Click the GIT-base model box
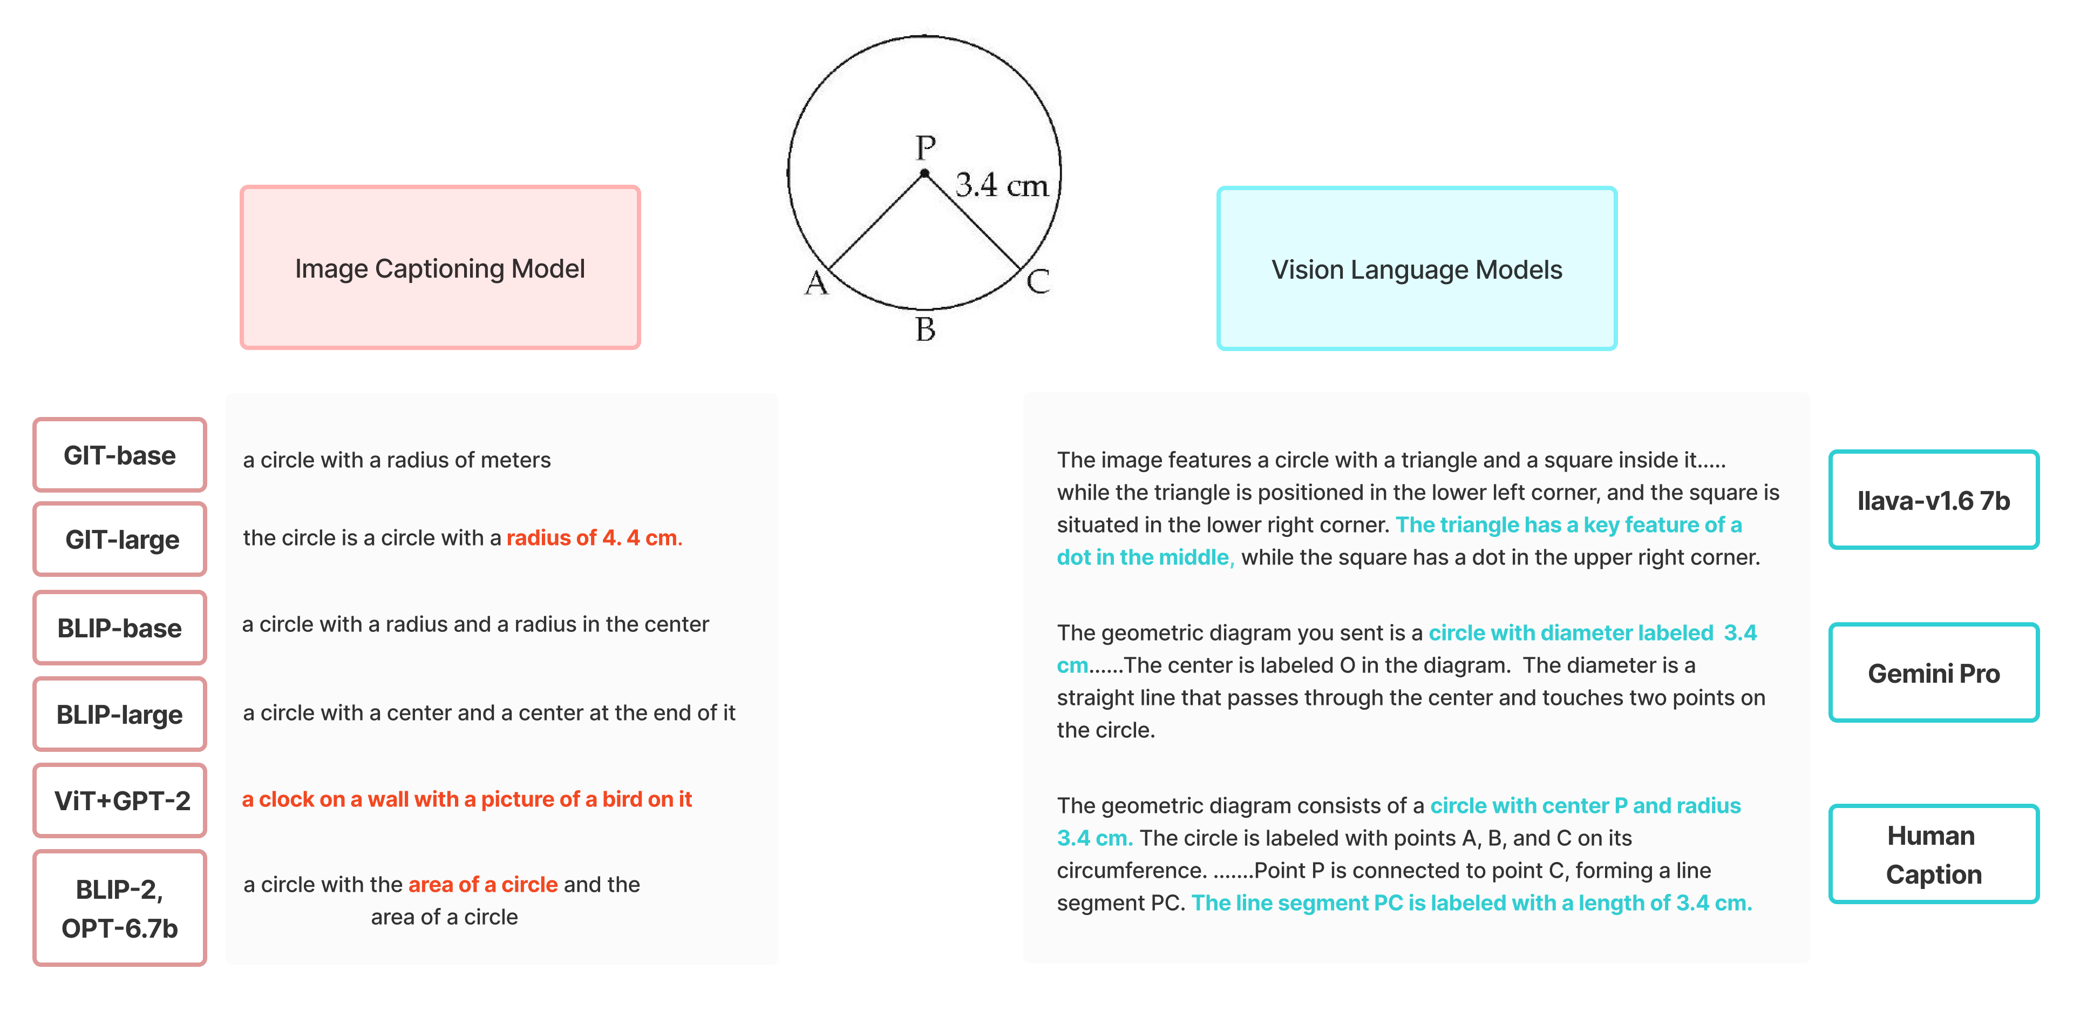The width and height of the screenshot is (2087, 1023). click(120, 455)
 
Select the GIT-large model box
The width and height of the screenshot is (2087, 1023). click(120, 539)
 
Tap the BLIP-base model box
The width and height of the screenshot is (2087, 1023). click(120, 628)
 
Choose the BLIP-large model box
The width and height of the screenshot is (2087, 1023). click(120, 714)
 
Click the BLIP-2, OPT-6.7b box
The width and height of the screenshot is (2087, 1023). click(120, 908)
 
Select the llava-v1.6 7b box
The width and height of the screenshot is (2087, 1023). click(1933, 500)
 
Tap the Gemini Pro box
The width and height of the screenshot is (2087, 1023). click(1933, 673)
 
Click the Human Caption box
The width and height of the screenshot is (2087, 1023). click(1933, 854)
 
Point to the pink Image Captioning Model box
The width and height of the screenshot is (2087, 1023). click(440, 268)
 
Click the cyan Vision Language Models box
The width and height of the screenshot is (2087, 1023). click(1416, 269)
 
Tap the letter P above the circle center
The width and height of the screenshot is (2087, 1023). click(925, 147)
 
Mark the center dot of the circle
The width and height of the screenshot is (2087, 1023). click(924, 173)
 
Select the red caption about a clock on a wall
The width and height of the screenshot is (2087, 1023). click(467, 799)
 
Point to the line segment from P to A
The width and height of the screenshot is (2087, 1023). click(876, 220)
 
